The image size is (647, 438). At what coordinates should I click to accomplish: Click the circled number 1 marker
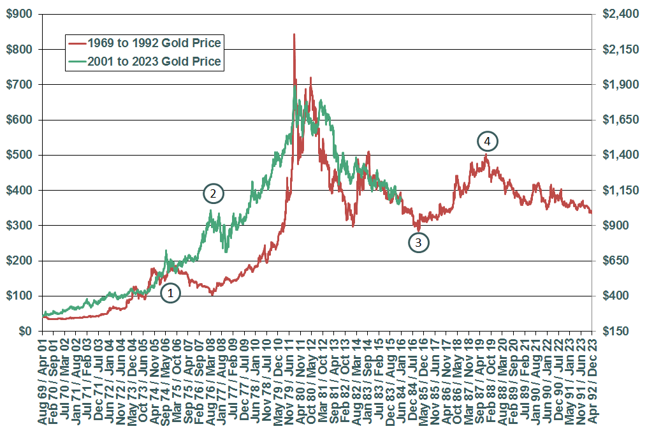tap(170, 293)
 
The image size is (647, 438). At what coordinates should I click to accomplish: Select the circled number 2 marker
tap(214, 193)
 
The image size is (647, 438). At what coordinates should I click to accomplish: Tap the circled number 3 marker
tap(418, 242)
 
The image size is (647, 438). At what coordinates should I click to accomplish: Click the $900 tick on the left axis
tap(20, 14)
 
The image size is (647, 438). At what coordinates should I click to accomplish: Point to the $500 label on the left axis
tap(20, 155)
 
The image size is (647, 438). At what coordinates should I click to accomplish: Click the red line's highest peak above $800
tap(294, 34)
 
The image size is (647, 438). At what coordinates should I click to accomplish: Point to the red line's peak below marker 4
tap(486, 154)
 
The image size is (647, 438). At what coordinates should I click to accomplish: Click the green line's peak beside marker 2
tap(211, 210)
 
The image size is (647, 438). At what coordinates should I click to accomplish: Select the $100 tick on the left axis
tap(20, 296)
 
